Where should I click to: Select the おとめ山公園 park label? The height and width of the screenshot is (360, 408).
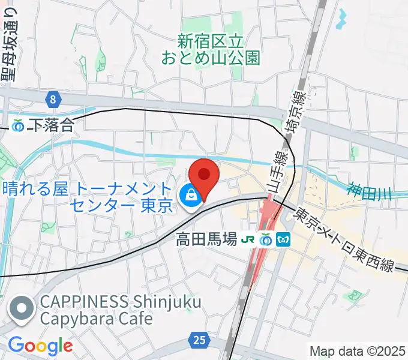(211, 50)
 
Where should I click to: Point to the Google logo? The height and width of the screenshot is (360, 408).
(40, 346)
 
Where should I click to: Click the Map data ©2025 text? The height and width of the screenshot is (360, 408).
(358, 350)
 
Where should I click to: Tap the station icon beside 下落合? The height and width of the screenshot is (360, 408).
(19, 125)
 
